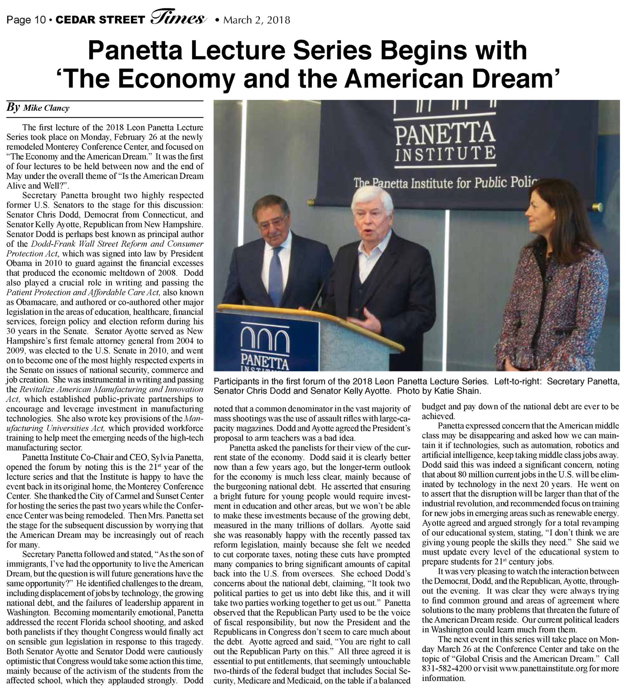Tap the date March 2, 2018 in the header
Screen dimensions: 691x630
(x=257, y=20)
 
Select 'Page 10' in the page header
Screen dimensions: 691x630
(x=26, y=20)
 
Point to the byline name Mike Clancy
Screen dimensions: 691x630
(x=46, y=108)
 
